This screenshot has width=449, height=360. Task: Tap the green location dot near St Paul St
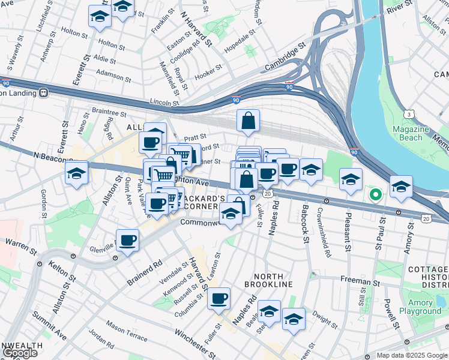pyautogui.click(x=376, y=194)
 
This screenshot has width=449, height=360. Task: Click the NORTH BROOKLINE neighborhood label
pyautogui.click(x=268, y=284)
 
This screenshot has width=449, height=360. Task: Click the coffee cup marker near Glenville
pyautogui.click(x=127, y=241)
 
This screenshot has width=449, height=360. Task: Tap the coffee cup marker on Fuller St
pyautogui.click(x=219, y=298)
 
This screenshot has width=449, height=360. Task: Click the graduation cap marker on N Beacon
pyautogui.click(x=77, y=173)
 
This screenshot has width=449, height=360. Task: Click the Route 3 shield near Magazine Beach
pyautogui.click(x=409, y=113)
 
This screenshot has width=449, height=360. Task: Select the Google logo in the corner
pyautogui.click(x=20, y=353)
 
